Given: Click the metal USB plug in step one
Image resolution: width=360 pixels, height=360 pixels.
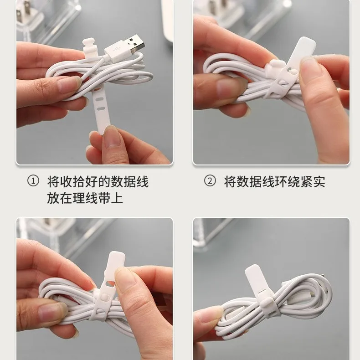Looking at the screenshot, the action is [135, 44].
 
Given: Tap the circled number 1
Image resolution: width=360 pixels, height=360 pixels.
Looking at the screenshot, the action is [33, 181].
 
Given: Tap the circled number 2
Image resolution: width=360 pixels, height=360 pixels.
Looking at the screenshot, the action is [210, 181].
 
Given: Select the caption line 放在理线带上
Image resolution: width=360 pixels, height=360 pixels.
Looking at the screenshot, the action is [85, 198].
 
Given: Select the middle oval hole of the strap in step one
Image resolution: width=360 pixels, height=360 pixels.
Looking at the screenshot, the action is [100, 99].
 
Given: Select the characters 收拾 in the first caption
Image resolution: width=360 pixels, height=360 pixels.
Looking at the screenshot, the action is [72, 181].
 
